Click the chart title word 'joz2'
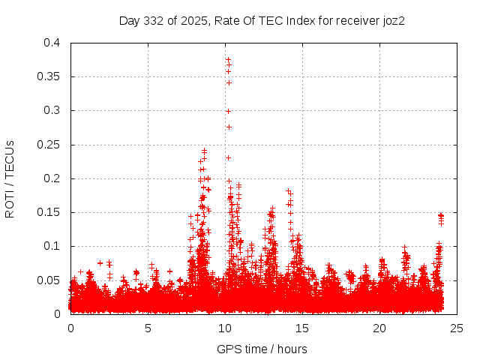(393, 20)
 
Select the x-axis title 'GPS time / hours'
(262, 349)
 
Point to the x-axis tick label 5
(148, 328)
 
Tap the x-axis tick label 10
(225, 328)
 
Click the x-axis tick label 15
(302, 328)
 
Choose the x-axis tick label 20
(379, 328)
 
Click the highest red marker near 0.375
(228, 59)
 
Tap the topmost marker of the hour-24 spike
(441, 215)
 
